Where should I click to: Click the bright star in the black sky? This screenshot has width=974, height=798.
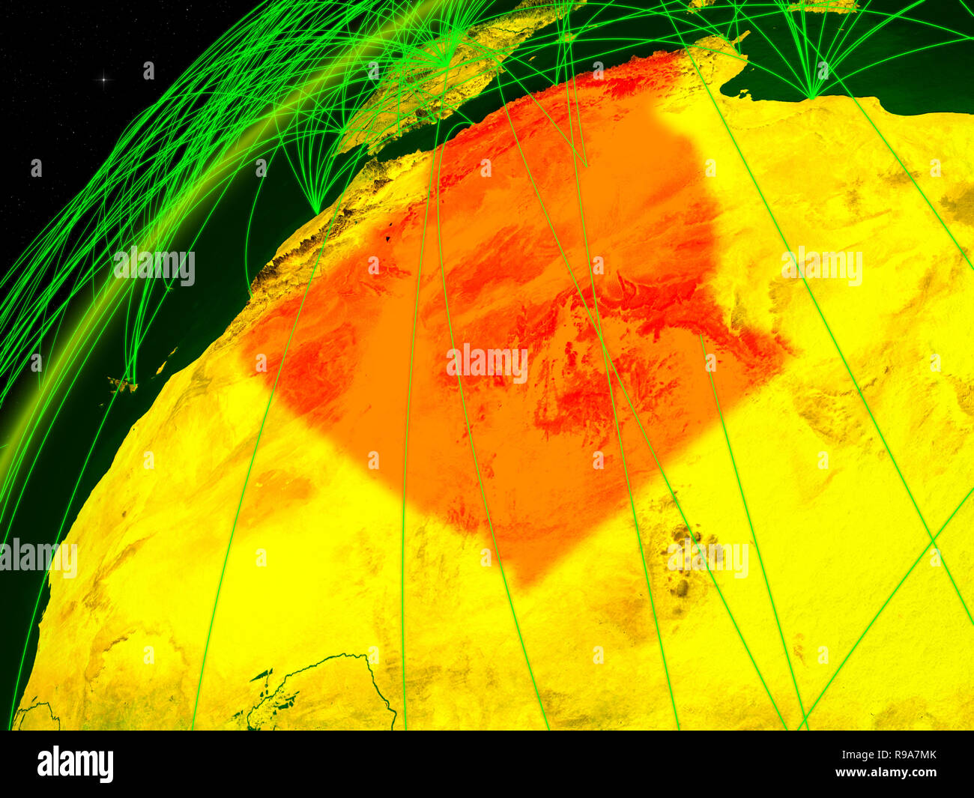(x=105, y=79)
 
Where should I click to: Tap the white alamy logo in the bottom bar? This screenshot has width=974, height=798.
(x=76, y=764)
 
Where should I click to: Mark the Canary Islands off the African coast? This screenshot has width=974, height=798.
(x=120, y=385)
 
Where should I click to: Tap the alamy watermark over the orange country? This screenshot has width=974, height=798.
(x=487, y=364)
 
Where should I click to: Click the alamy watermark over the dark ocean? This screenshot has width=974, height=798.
(x=154, y=267)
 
